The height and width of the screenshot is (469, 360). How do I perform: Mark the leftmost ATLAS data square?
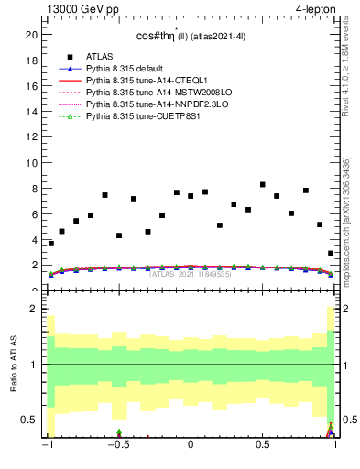pyautogui.click(x=51, y=244)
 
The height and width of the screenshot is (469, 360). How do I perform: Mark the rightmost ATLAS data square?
pyautogui.click(x=331, y=254)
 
